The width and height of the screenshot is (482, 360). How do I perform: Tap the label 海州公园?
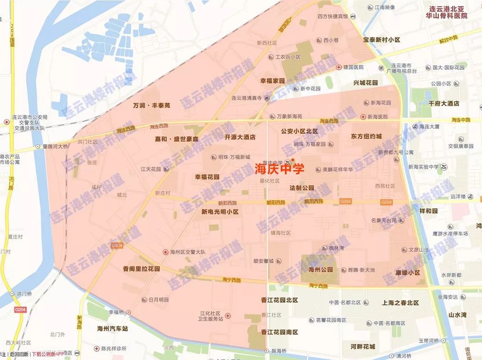(x=320, y=269)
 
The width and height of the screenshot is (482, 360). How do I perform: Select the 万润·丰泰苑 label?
(x=151, y=105)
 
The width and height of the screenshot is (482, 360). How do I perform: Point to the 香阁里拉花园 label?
(x=142, y=268)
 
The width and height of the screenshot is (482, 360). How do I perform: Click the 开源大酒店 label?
(x=240, y=137)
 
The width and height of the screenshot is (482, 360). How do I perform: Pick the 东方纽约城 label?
(x=366, y=137)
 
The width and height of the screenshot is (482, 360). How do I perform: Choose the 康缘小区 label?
(x=408, y=273)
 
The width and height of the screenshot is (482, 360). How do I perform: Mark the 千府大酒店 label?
(x=444, y=104)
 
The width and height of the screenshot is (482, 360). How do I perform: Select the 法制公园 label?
(x=302, y=188)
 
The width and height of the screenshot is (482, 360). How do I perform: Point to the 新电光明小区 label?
(x=220, y=212)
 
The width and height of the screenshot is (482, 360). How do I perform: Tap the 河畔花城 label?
(x=363, y=346)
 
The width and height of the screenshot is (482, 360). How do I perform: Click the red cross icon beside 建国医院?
(x=339, y=67)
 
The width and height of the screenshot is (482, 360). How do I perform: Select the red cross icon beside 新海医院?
(x=363, y=116)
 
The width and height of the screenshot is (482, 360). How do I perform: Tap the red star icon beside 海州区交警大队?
(x=165, y=252)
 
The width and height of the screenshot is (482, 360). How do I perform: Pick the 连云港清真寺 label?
(x=247, y=98)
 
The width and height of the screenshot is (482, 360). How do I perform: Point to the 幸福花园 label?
(x=207, y=177)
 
